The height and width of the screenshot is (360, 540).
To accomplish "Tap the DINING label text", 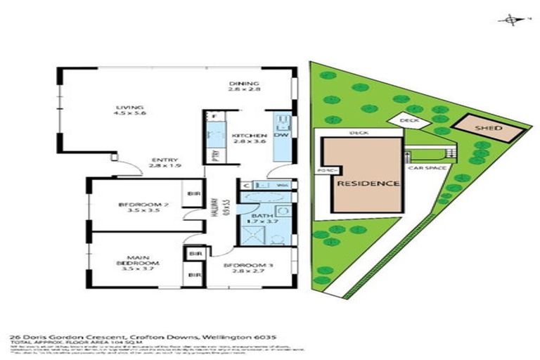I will (245, 86).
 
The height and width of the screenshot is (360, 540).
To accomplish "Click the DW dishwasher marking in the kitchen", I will (281, 135).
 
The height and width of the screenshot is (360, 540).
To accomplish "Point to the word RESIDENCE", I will (369, 184).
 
